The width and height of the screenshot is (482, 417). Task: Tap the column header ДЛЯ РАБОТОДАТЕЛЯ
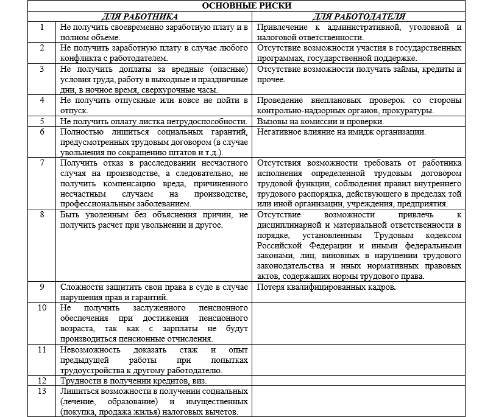(360, 16)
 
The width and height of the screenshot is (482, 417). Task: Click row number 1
(42, 27)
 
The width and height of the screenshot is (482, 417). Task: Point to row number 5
(42, 121)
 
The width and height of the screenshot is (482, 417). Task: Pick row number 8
(42, 215)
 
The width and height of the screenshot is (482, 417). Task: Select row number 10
(42, 307)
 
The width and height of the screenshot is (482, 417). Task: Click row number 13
(42, 390)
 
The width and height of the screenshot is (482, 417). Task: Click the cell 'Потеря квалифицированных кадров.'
(327, 287)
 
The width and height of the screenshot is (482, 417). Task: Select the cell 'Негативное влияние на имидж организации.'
(341, 131)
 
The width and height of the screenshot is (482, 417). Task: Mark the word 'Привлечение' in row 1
(283, 28)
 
